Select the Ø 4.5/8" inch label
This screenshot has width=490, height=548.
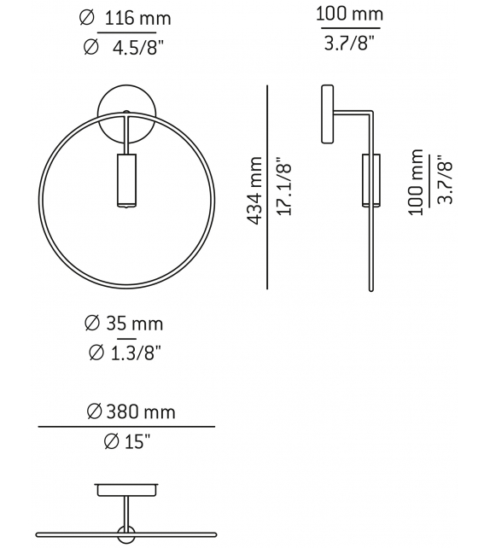click(124, 49)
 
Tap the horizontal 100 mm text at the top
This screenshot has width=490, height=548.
click(349, 15)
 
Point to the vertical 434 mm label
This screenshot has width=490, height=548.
click(254, 189)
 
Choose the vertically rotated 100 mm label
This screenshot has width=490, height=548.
click(416, 182)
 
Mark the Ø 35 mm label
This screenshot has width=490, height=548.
click(124, 324)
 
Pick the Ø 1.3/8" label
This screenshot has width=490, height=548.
click(124, 352)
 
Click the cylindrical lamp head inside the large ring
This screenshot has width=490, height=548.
click(125, 180)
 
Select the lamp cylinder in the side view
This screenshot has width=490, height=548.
click(370, 180)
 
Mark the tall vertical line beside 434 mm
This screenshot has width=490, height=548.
click(267, 188)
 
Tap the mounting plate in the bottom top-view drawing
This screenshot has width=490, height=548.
click(125, 490)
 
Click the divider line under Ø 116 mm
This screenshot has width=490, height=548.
click(127, 33)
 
